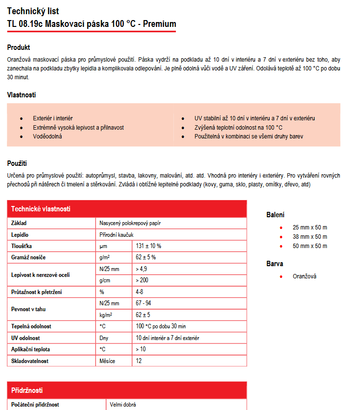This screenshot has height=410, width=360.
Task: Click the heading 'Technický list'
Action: pos(33,11)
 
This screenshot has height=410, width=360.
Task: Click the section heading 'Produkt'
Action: pos(19,47)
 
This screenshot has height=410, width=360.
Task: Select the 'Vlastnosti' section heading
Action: pos(21,95)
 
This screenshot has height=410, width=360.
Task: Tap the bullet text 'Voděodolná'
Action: pos(48,137)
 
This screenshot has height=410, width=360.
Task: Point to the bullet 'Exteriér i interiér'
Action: pos(52,118)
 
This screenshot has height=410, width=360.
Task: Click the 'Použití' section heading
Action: pos(17,163)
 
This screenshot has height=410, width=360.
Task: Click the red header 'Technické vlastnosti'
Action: pos(41,209)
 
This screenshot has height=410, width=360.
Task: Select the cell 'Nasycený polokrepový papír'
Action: pos(130,223)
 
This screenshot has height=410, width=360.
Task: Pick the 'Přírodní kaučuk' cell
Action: pos(117,235)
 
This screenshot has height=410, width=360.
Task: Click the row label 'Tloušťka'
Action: pos(22,246)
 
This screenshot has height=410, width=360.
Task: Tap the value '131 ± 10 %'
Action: pos(148,246)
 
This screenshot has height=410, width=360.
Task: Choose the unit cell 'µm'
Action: pos(103,246)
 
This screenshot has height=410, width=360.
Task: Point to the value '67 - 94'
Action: pos(144,303)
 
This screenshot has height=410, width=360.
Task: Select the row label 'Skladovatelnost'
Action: pos(30,361)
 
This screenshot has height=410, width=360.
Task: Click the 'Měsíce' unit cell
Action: pos(108,361)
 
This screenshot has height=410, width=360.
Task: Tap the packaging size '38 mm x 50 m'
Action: pos(310,237)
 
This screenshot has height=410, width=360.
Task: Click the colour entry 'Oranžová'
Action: pos(305,276)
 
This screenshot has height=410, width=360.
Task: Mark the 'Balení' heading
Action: pos(275,215)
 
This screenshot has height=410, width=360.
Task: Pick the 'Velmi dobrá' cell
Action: pos(123,405)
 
